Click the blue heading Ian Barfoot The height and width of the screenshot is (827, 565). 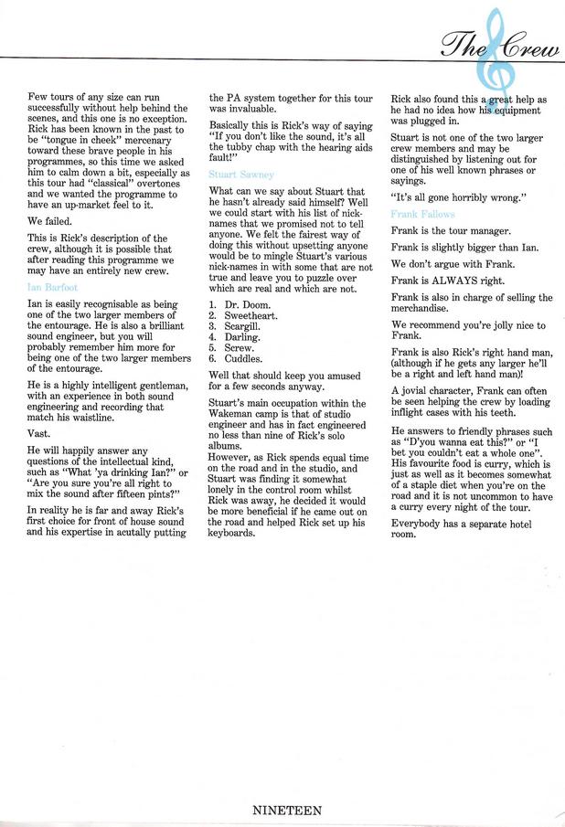[x=53, y=287]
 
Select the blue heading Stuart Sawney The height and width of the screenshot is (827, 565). [x=241, y=174]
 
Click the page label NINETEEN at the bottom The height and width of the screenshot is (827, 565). [x=286, y=810]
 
